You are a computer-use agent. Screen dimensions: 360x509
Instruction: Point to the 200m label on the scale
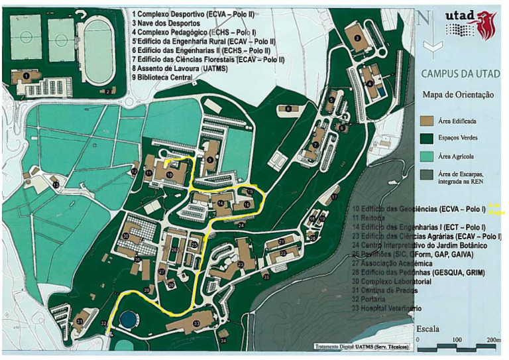pos(494,339)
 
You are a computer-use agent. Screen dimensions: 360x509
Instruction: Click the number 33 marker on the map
pos(196,323)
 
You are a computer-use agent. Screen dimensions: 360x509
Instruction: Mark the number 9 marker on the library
pos(209,160)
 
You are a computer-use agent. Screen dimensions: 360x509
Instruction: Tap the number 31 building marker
pos(80,321)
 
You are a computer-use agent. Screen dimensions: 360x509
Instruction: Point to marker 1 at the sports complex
pos(25,76)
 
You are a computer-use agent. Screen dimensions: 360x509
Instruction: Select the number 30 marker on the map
pos(125,236)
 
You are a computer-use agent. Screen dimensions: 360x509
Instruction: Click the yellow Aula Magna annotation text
pos(496,208)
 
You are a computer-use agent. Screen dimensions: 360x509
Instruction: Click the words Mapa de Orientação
pos(458,95)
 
